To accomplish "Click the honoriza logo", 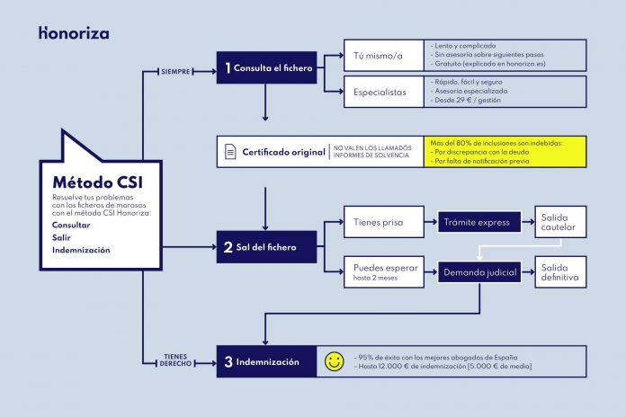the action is (x=74, y=33).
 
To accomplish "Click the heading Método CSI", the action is (x=98, y=182).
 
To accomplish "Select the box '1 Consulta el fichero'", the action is (x=267, y=67).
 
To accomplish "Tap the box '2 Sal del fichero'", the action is (x=267, y=247).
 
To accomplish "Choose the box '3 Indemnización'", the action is (x=267, y=361).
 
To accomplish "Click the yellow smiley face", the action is (x=335, y=361).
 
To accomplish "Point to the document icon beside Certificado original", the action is (x=230, y=152).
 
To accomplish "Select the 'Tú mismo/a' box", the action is (x=384, y=56).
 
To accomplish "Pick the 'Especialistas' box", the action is (x=384, y=92).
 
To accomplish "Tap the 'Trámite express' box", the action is (x=479, y=222).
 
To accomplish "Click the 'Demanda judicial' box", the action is (x=479, y=272).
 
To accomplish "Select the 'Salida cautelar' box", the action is (x=560, y=222).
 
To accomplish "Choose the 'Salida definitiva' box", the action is (x=560, y=272).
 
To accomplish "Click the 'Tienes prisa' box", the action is (x=384, y=222).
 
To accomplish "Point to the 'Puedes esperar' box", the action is (x=384, y=272).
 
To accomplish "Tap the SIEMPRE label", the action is (x=175, y=72).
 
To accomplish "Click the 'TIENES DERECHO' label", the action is (x=175, y=360).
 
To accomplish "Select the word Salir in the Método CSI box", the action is (x=61, y=237).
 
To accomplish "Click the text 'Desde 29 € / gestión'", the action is (x=468, y=100).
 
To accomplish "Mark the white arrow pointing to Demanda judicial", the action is (x=519, y=246).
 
